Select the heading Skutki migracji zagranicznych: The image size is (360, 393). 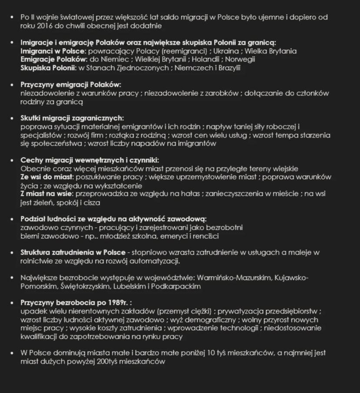pyautogui.click(x=72, y=118)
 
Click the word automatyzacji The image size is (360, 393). pyautogui.click(x=157, y=261)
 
